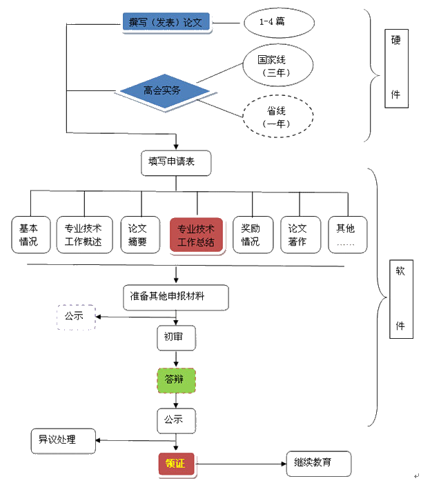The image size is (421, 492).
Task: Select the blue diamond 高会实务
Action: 164,90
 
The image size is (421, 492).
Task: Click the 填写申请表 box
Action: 175,163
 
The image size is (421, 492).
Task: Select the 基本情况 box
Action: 28,235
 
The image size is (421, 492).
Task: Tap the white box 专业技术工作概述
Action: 84,235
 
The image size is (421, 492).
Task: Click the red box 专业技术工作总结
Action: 196,235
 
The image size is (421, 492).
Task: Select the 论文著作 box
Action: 298,235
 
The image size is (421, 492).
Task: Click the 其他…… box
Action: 347,235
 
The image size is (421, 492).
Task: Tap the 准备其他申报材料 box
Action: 176,297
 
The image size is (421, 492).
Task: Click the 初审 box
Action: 176,337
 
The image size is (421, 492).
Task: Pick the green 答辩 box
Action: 176,380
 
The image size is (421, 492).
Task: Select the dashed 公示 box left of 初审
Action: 75,317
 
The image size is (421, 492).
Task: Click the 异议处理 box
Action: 63,440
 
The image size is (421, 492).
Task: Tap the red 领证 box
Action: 176,464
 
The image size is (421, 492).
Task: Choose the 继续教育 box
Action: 318,462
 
